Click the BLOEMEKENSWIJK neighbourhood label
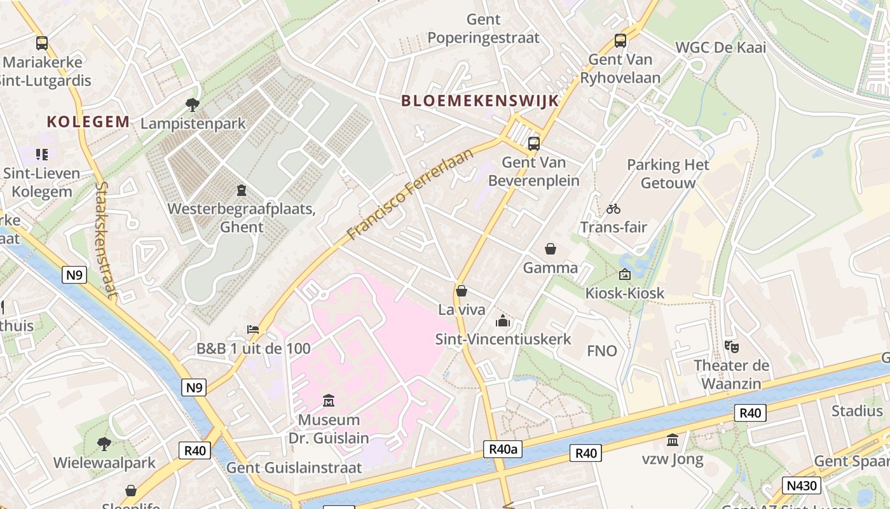point(480,101)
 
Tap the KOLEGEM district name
point(88,122)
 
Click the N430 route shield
point(802,486)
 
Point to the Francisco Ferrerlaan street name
point(411,195)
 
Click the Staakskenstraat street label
point(106,241)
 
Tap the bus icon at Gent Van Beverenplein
point(534,143)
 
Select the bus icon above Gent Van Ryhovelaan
point(620,41)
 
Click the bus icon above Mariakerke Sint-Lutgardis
point(42,43)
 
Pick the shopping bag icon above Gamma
point(550,249)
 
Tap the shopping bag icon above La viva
point(462,291)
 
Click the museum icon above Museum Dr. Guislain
point(329,400)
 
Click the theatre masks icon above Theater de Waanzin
point(731,346)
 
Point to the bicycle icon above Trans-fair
point(613,208)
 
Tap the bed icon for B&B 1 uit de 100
point(253,330)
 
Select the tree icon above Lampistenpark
point(193,104)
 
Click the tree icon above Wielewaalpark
point(104,443)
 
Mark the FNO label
point(601,351)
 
